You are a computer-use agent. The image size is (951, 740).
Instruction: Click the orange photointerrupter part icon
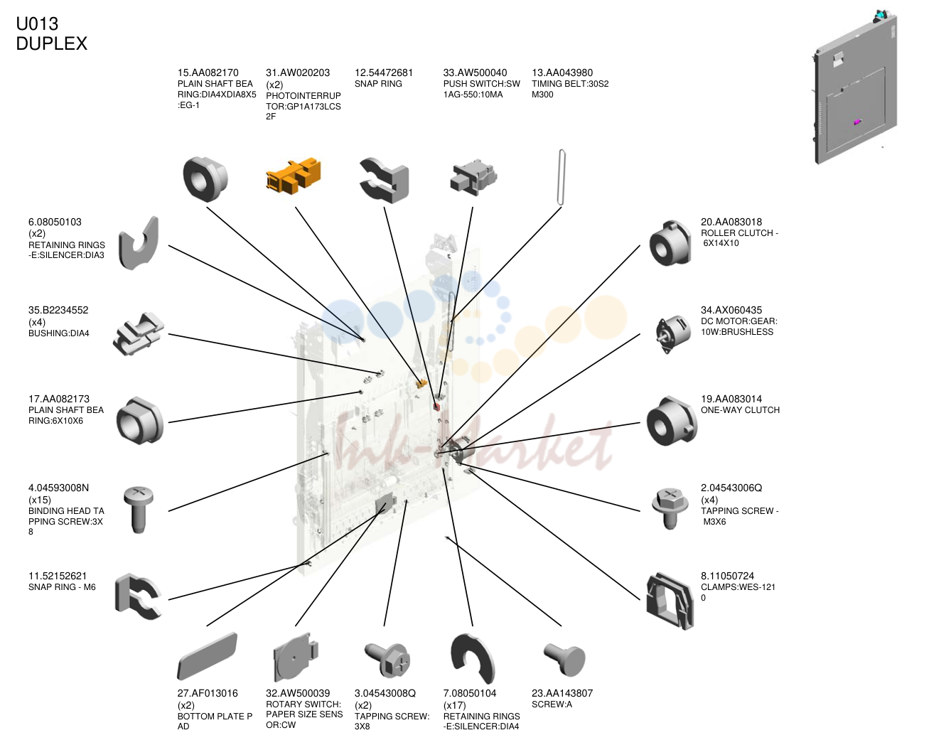click(294, 176)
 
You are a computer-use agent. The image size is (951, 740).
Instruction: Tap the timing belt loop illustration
click(562, 177)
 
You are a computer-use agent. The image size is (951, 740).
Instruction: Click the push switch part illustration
click(473, 177)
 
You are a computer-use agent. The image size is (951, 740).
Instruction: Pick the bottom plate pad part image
click(207, 656)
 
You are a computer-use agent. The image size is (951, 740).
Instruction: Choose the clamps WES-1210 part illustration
click(670, 601)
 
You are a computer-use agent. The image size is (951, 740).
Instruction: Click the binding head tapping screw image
click(139, 510)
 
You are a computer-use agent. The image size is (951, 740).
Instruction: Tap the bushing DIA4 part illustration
click(139, 333)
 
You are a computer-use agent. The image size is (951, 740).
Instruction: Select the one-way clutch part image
click(672, 422)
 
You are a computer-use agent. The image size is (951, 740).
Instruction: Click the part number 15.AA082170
click(208, 73)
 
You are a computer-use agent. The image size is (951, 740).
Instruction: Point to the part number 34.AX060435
click(731, 310)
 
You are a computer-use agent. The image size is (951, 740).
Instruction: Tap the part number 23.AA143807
click(562, 693)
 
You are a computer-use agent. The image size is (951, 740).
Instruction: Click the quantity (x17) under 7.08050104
click(454, 705)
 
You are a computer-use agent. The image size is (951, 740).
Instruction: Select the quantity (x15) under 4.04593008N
click(39, 500)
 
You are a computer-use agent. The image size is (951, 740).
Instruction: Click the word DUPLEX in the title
click(52, 43)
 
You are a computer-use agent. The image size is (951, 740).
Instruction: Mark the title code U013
click(37, 23)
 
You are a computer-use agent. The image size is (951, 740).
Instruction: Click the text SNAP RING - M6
click(62, 587)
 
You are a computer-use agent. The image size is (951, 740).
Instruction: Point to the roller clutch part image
click(670, 243)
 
